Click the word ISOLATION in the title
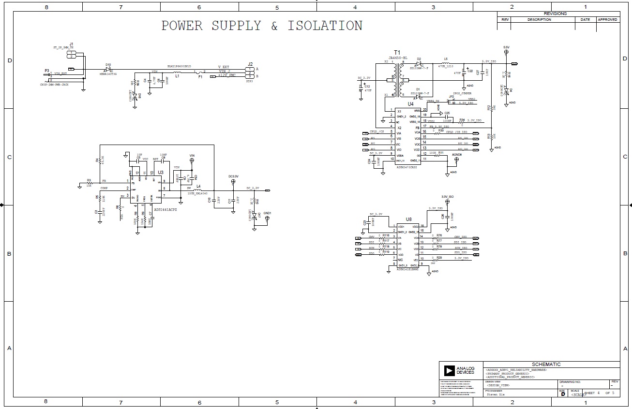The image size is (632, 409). [325, 26]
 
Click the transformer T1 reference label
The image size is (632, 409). [397, 52]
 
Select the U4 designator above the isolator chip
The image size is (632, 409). [410, 103]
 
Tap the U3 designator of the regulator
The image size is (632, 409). [161, 172]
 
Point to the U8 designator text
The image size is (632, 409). [408, 219]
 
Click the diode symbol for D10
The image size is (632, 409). [108, 69]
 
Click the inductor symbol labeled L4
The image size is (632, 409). [197, 190]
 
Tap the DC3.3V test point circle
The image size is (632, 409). [233, 182]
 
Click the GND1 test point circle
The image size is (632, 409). [267, 219]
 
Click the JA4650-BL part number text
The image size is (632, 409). [398, 58]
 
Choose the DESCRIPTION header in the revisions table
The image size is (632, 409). [539, 20]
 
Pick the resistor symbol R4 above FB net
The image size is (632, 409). [99, 160]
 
